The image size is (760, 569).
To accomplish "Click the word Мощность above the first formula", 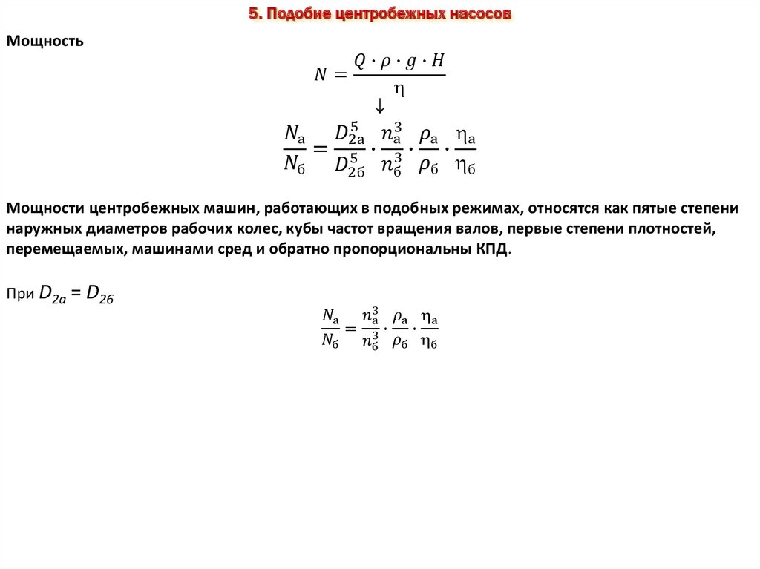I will pyautogui.click(x=45, y=42).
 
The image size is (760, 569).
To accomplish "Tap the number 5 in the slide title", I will pyautogui.click(x=252, y=14).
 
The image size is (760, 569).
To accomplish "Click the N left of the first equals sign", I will pyautogui.click(x=321, y=74).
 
